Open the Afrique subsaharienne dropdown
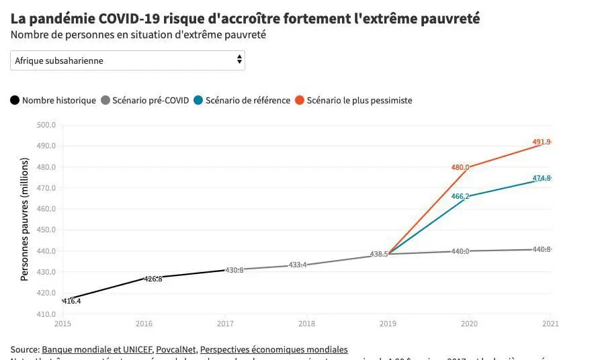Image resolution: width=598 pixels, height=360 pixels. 128,60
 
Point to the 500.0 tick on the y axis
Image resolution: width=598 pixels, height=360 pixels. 45,125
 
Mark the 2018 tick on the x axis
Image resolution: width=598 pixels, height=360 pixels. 306,324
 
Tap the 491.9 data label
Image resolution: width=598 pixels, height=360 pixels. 541,142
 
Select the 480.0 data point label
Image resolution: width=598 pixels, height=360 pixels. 460,167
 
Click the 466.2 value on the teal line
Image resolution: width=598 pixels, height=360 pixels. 460,196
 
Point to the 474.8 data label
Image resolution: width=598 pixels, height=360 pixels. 541,178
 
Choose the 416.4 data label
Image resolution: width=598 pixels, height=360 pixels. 71,302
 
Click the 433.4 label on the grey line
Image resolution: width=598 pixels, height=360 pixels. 297,265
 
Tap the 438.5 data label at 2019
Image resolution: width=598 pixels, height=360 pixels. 379,255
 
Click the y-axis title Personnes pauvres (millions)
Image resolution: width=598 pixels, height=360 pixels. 25,219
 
